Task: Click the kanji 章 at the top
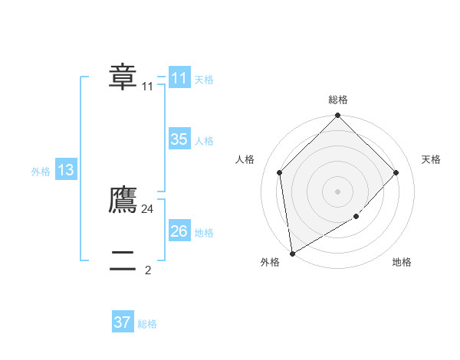pos(123,77)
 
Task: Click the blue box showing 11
pos(179,78)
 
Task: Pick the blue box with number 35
pos(179,139)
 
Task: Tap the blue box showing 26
pos(179,231)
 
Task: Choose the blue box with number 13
pos(65,171)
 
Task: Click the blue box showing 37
pos(122,322)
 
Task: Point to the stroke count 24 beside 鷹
pos(148,208)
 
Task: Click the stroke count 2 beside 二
pos(148,270)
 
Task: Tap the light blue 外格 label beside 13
pos(41,172)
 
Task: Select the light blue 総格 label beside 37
pos(147,324)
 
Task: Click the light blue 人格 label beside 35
pos(204,141)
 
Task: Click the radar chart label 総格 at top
pos(338,100)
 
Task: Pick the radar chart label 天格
pos(431,159)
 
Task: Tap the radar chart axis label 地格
pos(402,263)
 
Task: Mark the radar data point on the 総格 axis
pos(338,116)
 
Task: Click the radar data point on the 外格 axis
pos(292,254)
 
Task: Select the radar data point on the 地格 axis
pos(356,217)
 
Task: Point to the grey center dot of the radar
pos(338,191)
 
